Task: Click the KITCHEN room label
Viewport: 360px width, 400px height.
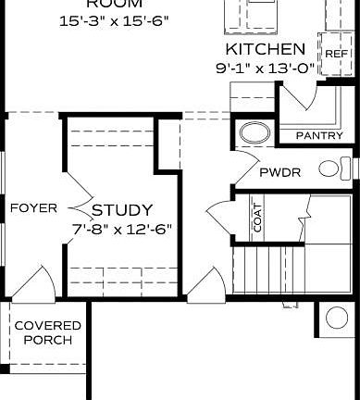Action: (265, 48)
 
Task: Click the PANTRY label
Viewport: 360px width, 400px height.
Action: (319, 135)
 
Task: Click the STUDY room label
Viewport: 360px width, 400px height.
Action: (122, 210)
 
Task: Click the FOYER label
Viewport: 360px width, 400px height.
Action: (33, 207)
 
